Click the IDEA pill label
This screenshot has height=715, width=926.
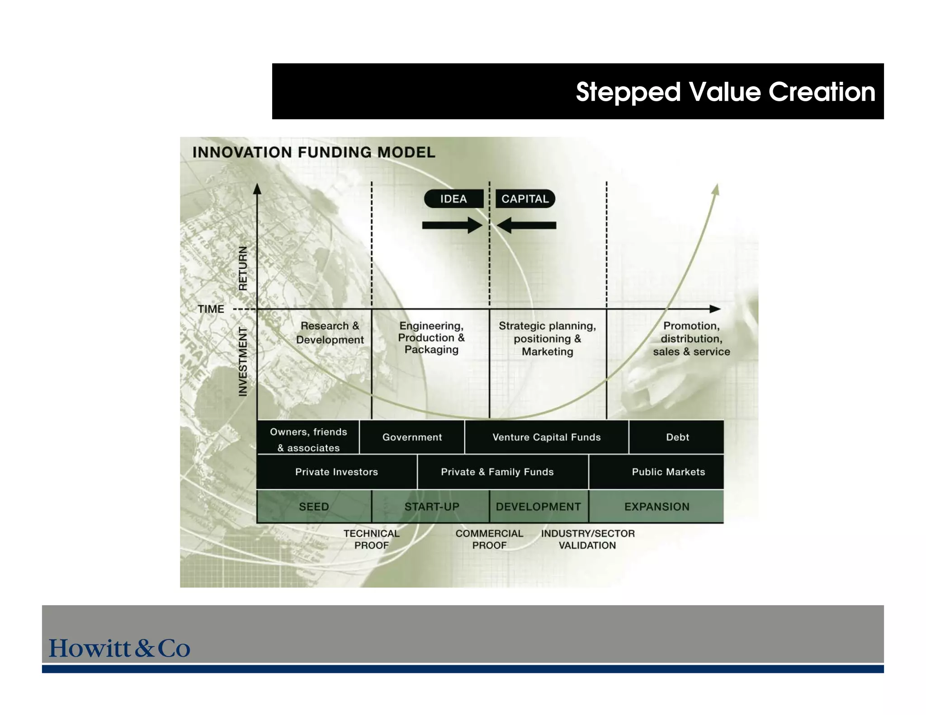(x=454, y=199)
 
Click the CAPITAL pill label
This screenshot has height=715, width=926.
(x=525, y=199)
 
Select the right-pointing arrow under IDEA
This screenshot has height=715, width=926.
(x=452, y=225)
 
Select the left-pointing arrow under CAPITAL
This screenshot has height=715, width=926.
(x=527, y=225)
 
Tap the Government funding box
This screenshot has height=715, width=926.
(x=412, y=437)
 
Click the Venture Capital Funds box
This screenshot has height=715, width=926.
(x=546, y=437)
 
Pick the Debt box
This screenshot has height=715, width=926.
(x=677, y=437)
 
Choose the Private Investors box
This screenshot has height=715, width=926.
(x=336, y=472)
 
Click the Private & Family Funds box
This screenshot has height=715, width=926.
(x=497, y=472)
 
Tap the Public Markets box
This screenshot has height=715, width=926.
(x=668, y=472)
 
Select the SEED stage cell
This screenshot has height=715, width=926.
(x=314, y=507)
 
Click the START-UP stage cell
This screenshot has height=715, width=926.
(x=431, y=507)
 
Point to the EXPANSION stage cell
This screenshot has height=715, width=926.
(x=657, y=507)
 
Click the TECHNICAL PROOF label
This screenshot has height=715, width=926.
(x=371, y=539)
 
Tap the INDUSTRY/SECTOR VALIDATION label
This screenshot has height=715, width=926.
(x=587, y=539)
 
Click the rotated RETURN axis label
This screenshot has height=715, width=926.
(x=243, y=268)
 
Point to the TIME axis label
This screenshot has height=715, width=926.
(x=211, y=309)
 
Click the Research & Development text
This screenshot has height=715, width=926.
(x=330, y=333)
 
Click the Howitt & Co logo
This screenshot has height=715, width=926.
(x=119, y=648)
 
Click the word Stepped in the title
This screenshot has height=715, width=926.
(x=628, y=92)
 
